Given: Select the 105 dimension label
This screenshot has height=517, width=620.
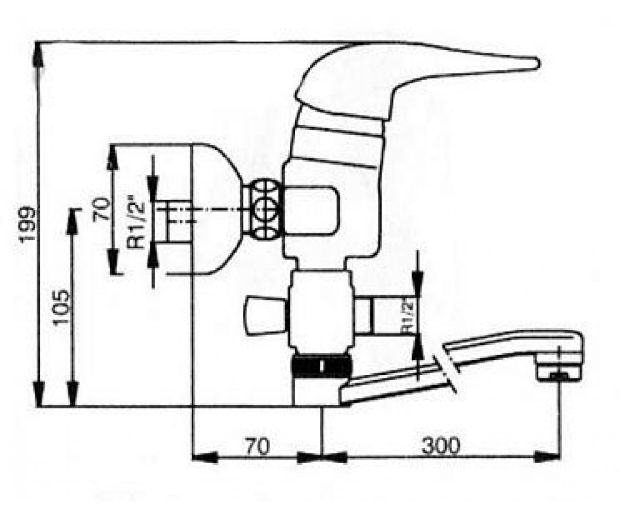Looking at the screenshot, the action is pyautogui.click(x=61, y=308).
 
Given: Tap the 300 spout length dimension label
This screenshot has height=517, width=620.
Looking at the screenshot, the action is pyautogui.click(x=441, y=446).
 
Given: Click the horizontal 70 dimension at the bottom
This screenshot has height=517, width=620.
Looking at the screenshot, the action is pyautogui.click(x=257, y=446).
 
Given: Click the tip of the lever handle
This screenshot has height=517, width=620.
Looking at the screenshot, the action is pyautogui.click(x=539, y=64).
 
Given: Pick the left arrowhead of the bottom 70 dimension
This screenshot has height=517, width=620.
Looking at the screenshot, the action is pyautogui.click(x=205, y=457).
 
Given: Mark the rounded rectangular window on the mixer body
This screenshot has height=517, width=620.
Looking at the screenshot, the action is pyautogui.click(x=311, y=210).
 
